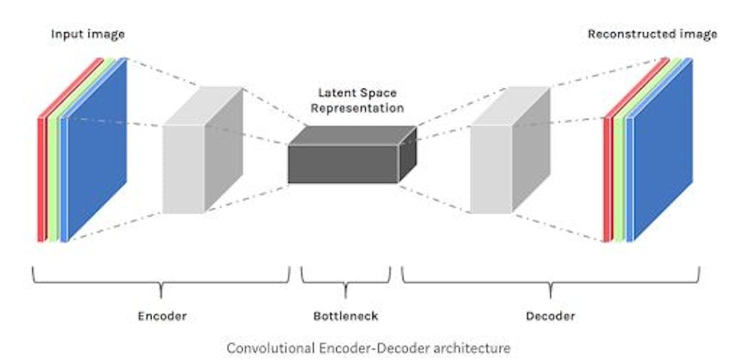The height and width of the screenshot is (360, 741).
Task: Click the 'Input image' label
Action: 87,34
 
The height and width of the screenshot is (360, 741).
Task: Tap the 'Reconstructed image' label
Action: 652,34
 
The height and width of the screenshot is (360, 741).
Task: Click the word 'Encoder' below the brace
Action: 162,316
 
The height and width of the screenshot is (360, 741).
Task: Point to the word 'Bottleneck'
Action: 346,316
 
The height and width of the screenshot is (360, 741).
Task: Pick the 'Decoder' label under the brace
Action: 550,316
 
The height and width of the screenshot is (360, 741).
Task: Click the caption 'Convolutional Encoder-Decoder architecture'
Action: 368,347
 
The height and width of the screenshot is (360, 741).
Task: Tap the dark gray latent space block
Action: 343,164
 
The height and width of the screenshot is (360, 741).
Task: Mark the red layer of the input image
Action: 40,178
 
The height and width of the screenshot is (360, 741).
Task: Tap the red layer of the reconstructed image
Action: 606,178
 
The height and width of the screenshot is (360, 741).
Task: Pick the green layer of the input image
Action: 51,178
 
